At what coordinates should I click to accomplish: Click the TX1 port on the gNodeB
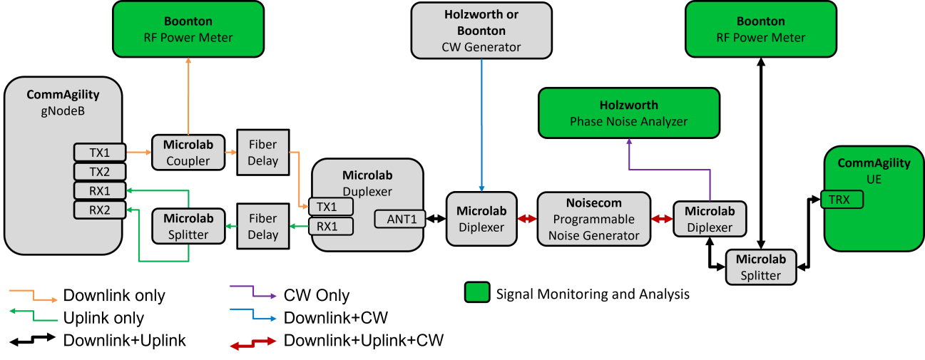(100, 152)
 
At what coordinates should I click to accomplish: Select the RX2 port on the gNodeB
(100, 210)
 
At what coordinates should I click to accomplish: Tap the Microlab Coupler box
(188, 152)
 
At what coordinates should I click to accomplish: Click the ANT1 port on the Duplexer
(400, 219)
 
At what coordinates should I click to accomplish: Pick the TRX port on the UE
(842, 200)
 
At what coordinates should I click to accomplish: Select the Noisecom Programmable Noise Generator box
(593, 220)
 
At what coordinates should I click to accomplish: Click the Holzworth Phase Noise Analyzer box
(628, 113)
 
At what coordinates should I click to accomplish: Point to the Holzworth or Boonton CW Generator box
(481, 30)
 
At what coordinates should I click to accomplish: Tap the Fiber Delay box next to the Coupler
(262, 153)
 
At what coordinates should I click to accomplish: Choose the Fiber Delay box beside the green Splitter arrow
(262, 226)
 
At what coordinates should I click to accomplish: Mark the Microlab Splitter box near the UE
(760, 267)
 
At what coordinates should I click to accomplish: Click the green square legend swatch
(476, 292)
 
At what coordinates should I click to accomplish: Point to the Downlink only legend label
(114, 295)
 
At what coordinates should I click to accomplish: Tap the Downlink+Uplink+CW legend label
(363, 341)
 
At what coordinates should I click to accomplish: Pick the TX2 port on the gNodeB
(100, 171)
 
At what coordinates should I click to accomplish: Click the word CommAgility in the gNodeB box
(63, 94)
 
